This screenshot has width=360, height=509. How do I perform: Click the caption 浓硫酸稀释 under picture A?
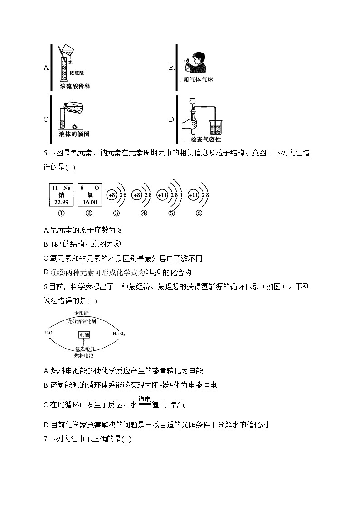[x=75, y=85]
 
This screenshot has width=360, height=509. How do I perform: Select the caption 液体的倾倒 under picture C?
[x=74, y=134]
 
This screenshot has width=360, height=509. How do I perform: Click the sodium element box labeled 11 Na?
[x=61, y=195]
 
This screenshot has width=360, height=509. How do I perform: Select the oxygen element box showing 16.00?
[x=89, y=195]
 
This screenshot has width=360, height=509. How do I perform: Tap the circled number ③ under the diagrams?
[x=117, y=214]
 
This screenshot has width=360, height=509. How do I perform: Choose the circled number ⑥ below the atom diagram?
[x=199, y=214]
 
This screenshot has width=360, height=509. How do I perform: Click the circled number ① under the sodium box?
[x=61, y=214]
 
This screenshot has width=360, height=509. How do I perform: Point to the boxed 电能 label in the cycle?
[x=84, y=335]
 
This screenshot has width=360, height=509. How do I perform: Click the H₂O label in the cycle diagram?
[x=49, y=333]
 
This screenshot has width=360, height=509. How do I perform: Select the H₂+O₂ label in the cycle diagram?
[x=119, y=334]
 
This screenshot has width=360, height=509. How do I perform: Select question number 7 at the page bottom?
[x=46, y=439]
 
